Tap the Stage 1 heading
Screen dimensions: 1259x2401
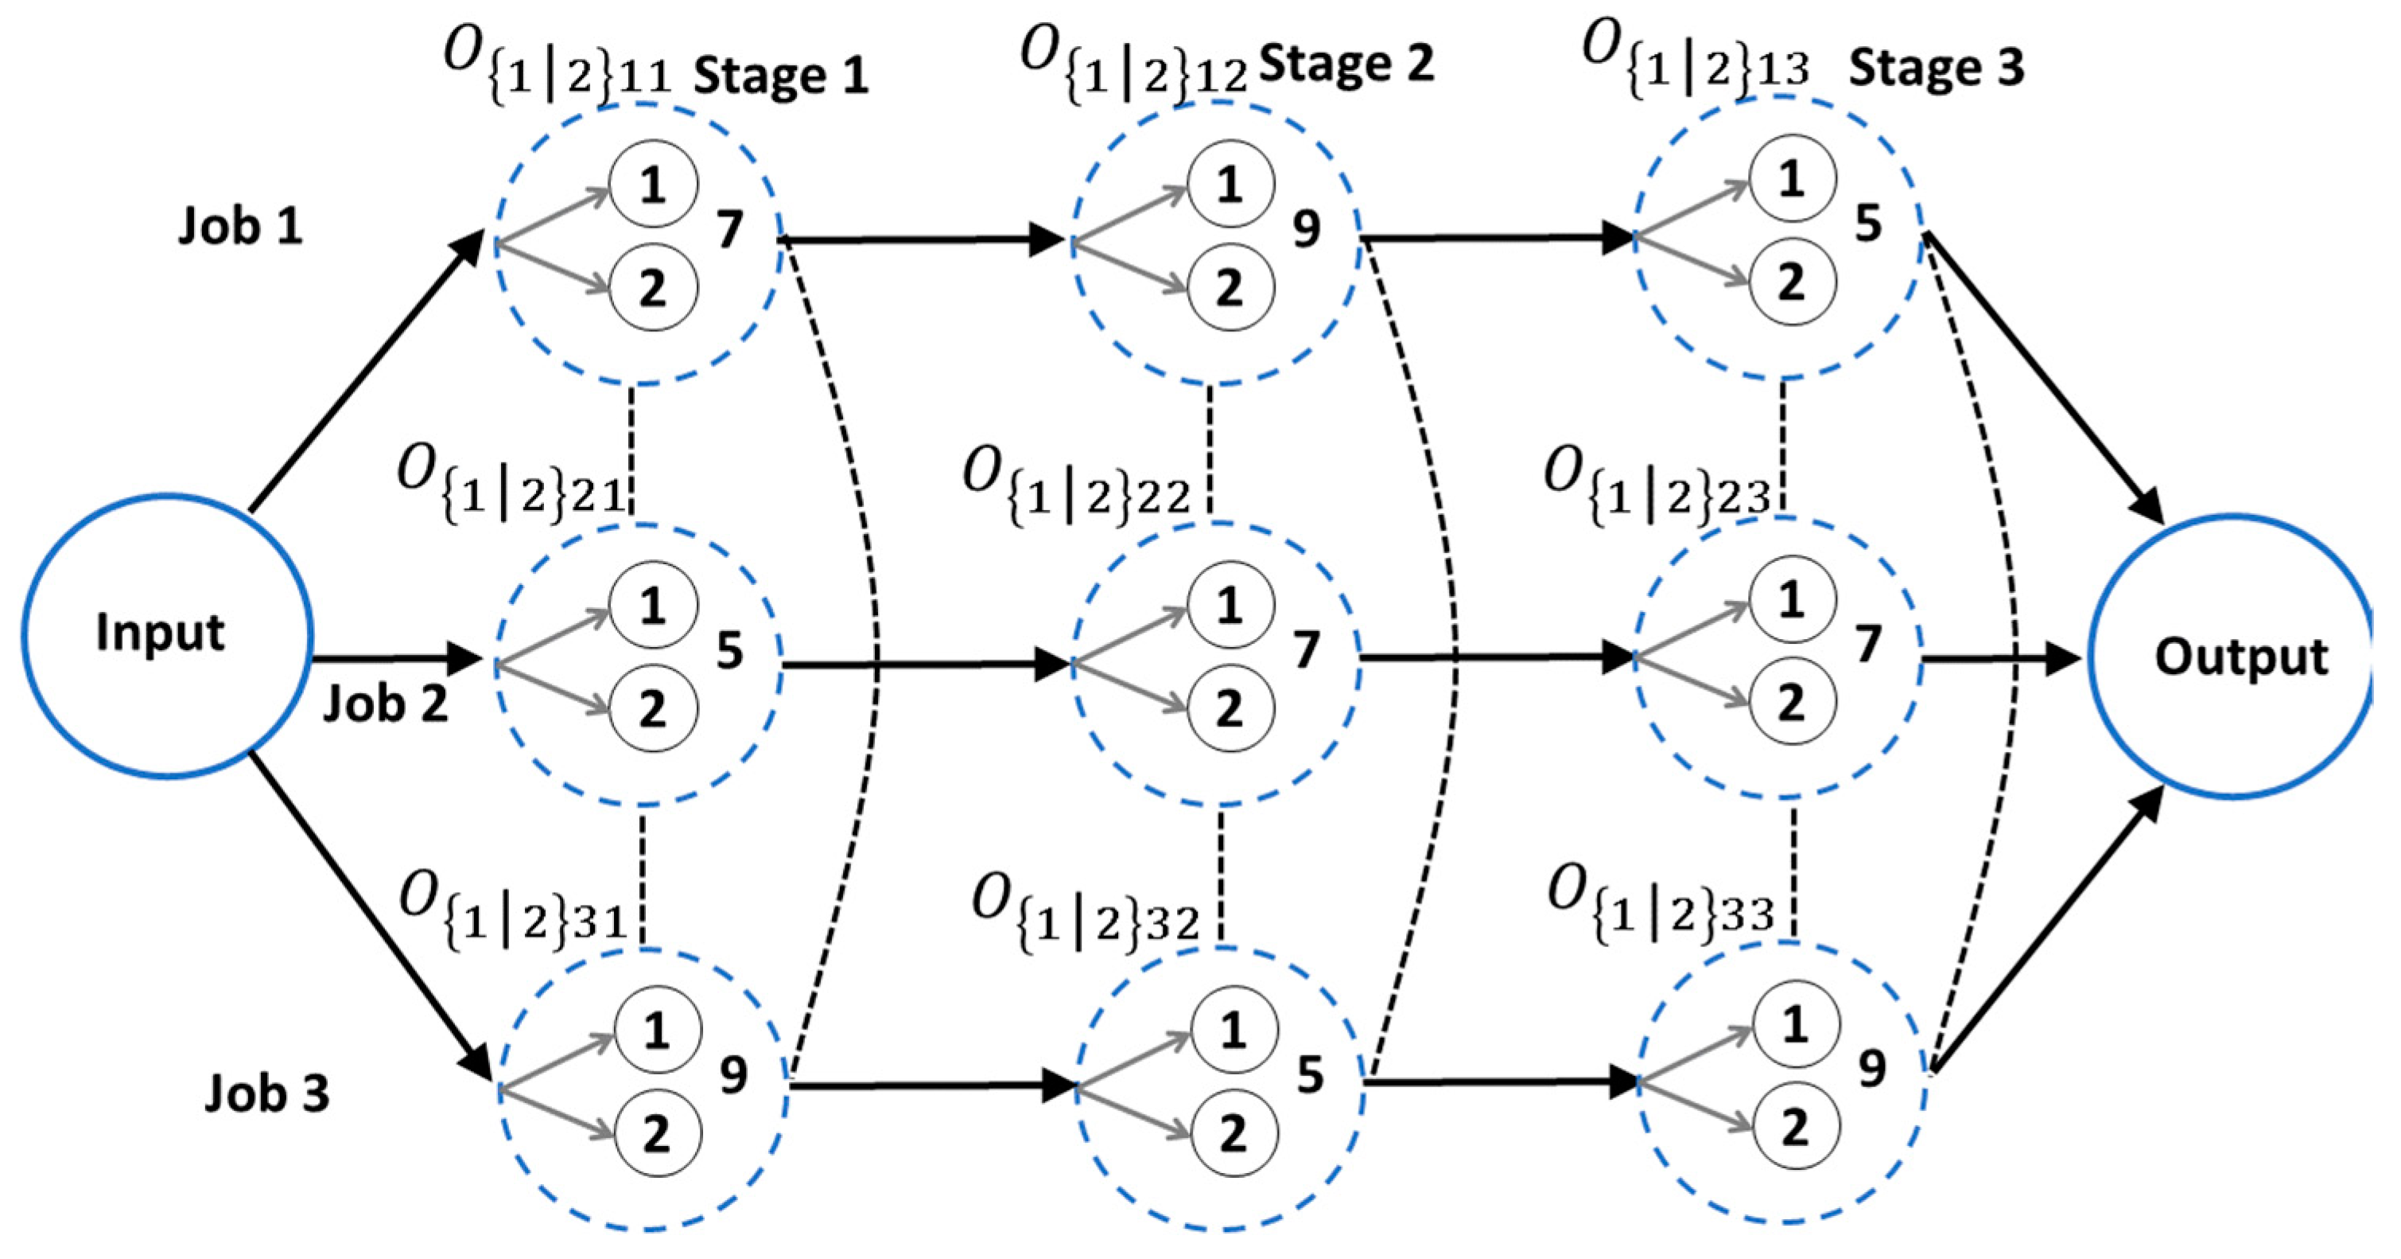780,75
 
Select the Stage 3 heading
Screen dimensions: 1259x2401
1936,67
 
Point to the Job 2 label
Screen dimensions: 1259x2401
385,704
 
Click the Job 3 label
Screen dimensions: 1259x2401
266,1093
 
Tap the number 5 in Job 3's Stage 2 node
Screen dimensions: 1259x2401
1310,1075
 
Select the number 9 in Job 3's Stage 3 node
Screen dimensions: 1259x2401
1871,1069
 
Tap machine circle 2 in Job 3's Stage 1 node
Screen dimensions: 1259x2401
656,1134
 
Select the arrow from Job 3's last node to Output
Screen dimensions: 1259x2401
2046,933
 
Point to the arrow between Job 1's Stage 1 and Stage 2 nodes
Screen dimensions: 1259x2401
923,240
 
